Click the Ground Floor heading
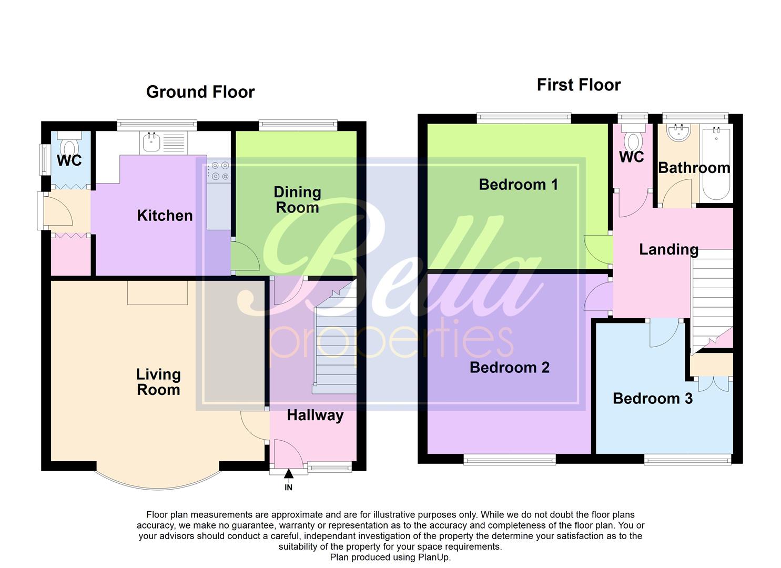(x=200, y=92)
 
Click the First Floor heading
(x=579, y=85)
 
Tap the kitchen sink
(x=151, y=141)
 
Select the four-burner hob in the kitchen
(x=219, y=171)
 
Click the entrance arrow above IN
(x=288, y=474)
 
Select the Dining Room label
(x=297, y=200)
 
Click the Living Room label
(x=158, y=382)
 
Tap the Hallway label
(x=315, y=415)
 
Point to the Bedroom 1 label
(x=518, y=185)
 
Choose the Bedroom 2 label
(x=509, y=367)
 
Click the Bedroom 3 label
(x=652, y=398)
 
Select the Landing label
(x=668, y=249)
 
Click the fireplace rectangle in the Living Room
(x=157, y=292)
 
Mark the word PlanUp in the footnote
(x=433, y=557)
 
